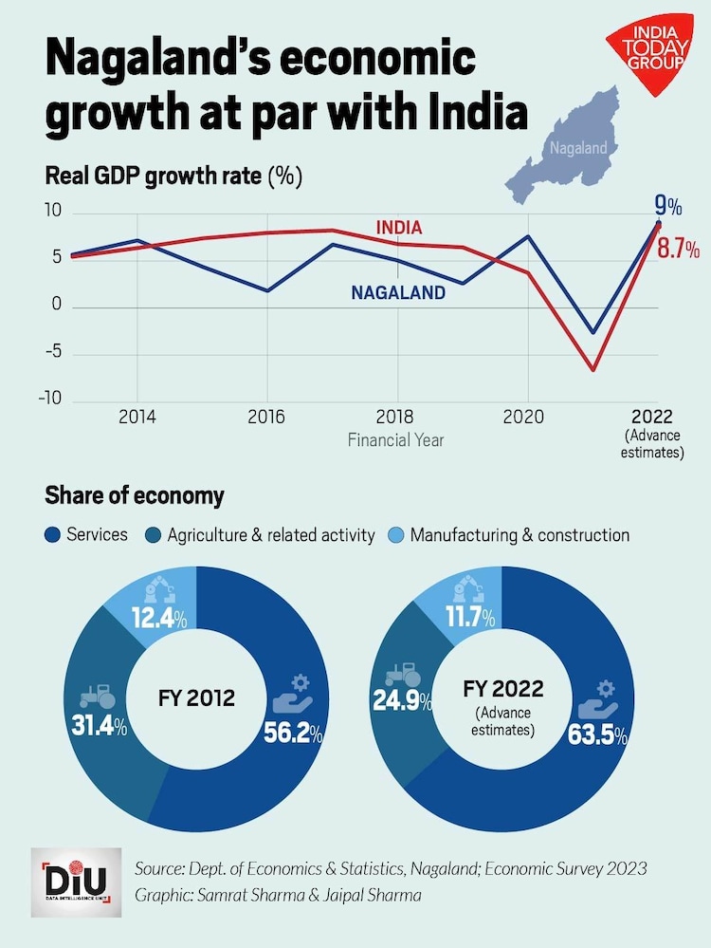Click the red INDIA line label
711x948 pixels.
pyautogui.click(x=398, y=229)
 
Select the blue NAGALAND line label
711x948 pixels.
pyautogui.click(x=398, y=293)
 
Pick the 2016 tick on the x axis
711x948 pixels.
pyautogui.click(x=266, y=417)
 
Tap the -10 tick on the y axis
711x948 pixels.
pyautogui.click(x=49, y=399)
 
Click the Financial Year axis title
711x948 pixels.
pyautogui.click(x=395, y=440)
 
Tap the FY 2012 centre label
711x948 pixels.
pyautogui.click(x=196, y=699)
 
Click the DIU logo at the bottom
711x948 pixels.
pyautogui.click(x=75, y=881)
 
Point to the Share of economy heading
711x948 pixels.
pyautogui.click(x=135, y=495)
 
